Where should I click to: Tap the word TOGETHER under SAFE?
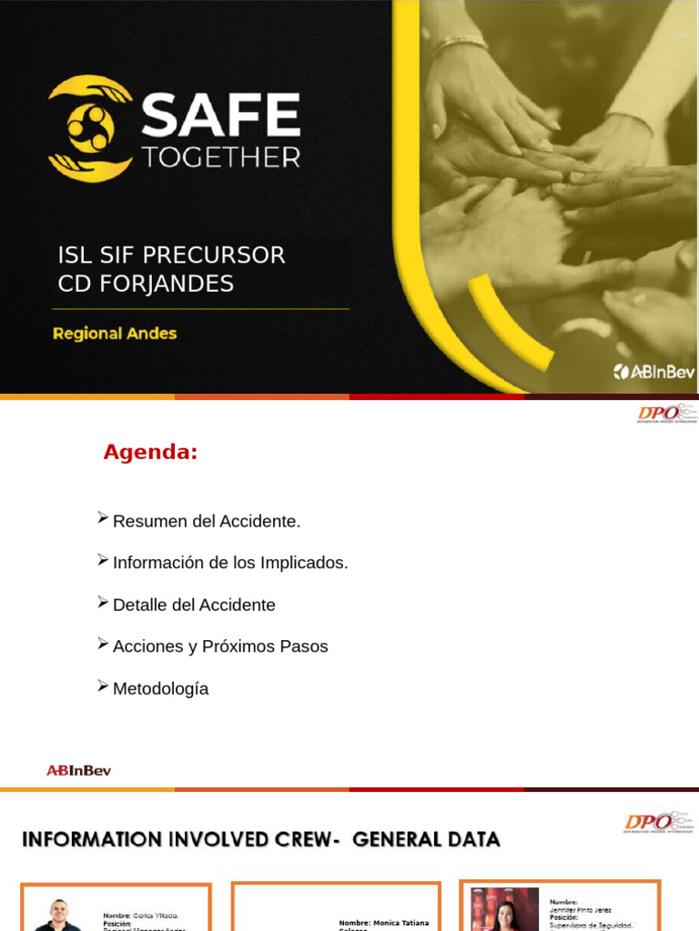click(x=220, y=157)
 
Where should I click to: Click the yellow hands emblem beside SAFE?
click(x=90, y=128)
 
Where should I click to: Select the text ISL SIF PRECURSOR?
click(x=171, y=255)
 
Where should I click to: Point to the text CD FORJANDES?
click(x=146, y=284)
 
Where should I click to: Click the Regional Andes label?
click(x=115, y=334)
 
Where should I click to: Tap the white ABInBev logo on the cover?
click(x=653, y=371)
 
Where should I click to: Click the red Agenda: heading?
click(x=150, y=452)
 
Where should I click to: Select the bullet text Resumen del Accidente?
click(x=206, y=522)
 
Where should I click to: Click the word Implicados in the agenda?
click(x=304, y=564)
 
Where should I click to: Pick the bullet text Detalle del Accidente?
click(x=194, y=606)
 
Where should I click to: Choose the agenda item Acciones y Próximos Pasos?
click(x=220, y=647)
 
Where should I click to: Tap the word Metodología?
click(x=160, y=689)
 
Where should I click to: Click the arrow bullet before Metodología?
click(x=103, y=686)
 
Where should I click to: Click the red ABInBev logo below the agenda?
click(x=79, y=771)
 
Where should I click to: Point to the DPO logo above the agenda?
click(x=665, y=414)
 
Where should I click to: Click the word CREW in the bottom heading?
click(x=291, y=839)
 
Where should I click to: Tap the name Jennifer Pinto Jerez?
click(x=580, y=910)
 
